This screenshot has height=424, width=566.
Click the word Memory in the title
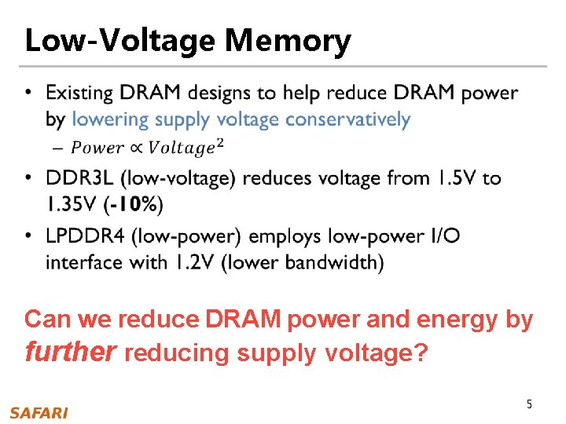click(288, 40)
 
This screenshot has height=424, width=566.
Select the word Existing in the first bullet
click(79, 93)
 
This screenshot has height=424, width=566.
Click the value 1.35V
click(72, 205)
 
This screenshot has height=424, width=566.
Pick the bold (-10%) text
click(133, 205)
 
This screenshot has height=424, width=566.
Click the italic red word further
click(72, 352)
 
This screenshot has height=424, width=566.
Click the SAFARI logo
click(39, 412)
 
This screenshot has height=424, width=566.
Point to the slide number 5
click(529, 404)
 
